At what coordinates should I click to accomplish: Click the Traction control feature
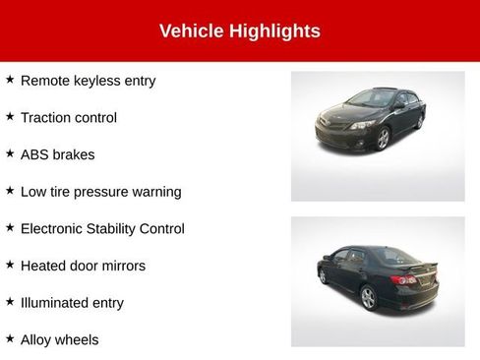(x=68, y=118)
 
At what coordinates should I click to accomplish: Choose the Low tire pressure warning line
(x=100, y=192)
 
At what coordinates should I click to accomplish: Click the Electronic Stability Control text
(x=102, y=229)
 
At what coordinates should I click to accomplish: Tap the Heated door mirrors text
(x=83, y=267)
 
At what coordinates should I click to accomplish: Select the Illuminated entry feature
(x=72, y=303)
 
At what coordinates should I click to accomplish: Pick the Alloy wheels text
(x=59, y=340)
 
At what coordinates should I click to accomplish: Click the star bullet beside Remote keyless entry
(x=10, y=80)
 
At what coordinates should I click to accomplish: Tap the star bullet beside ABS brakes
(x=10, y=154)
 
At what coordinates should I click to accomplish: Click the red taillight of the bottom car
(x=404, y=280)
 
